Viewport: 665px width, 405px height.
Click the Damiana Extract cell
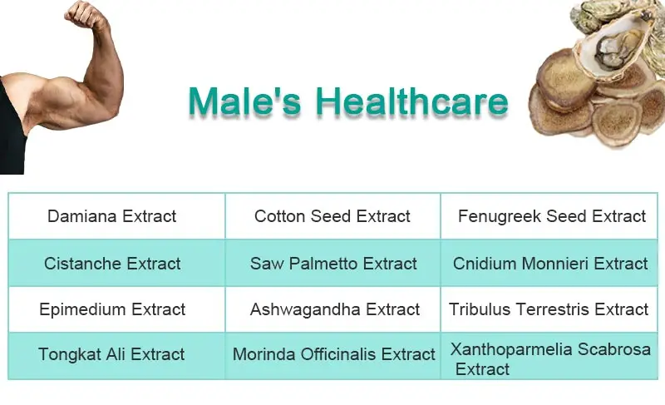pos(112,216)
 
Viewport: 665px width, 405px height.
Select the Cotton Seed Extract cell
pos(332,216)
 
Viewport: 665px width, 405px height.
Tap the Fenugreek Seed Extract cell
pos(551,216)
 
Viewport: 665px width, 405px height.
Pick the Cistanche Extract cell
pos(112,264)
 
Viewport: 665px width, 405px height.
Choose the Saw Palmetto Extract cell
pos(333,264)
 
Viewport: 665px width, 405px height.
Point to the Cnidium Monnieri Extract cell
pos(550,264)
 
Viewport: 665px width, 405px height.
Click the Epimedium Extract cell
pos(112,309)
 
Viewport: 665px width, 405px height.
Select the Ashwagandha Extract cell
pos(334,309)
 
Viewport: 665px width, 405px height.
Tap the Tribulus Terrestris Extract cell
pos(549,309)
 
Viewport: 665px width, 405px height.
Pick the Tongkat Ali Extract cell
pos(111,354)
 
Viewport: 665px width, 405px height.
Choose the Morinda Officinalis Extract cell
pos(333,354)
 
